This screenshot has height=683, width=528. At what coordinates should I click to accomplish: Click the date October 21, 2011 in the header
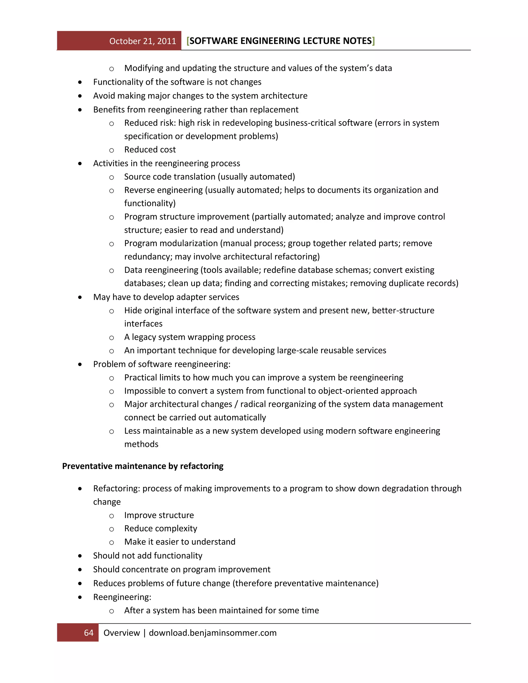[x=143, y=41]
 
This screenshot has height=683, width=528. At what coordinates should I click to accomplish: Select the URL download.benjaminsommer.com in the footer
[x=213, y=633]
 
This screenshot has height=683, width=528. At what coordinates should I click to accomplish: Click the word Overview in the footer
[x=121, y=633]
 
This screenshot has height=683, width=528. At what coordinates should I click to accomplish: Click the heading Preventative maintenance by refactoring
[x=143, y=466]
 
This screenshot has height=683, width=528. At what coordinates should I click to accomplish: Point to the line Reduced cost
[x=150, y=149]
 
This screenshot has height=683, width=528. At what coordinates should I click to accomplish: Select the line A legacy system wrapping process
[x=189, y=337]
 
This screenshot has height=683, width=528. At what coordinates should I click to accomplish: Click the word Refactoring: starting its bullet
[x=116, y=488]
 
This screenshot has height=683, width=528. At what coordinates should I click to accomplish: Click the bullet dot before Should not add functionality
[x=80, y=556]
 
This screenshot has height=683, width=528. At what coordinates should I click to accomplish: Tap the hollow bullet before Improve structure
[x=111, y=516]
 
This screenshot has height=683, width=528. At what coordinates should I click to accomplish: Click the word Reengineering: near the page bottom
[x=122, y=597]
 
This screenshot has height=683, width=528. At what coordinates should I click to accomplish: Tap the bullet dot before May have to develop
[x=80, y=297]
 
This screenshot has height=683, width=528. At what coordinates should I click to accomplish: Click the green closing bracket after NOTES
[x=374, y=41]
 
